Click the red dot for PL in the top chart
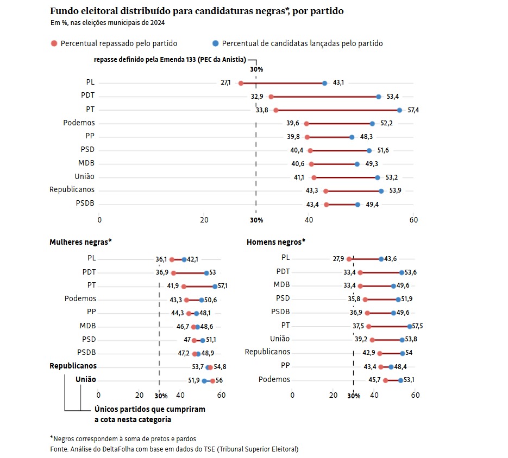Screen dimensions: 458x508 tap(241, 83)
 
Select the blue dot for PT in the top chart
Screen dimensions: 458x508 tap(399, 110)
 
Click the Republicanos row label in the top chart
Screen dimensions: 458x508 tap(72, 189)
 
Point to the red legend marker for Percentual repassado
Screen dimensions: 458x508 tap(53, 43)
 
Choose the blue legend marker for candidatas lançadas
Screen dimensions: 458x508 tap(215, 43)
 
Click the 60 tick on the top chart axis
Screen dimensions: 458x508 tap(413, 220)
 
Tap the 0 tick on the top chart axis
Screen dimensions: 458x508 tap(99, 220)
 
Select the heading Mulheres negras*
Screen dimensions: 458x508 tap(81, 241)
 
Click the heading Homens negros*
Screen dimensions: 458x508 tap(276, 241)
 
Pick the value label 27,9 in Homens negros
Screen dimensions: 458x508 tap(338, 259)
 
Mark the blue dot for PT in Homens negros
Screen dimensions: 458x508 tap(409, 327)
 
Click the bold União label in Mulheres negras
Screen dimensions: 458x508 tap(86, 379)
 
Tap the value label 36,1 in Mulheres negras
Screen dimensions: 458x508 tap(161, 259)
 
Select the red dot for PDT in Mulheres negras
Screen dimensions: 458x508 tap(173, 273)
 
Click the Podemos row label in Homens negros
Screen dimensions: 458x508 tap(274, 379)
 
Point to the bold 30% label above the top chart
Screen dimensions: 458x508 tap(256, 69)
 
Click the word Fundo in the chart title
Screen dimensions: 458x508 tap(65, 11)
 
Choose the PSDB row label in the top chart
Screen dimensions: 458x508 tap(85, 203)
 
